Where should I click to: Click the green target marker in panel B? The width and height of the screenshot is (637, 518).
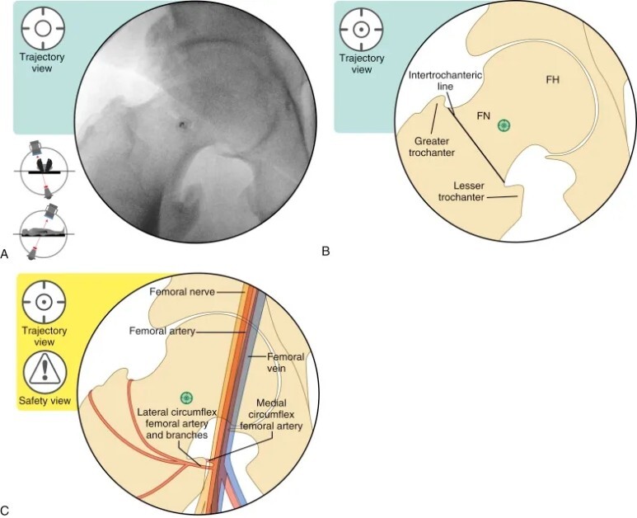point(504,125)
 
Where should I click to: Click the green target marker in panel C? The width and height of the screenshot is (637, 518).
point(187,398)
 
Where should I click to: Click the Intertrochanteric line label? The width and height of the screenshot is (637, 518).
point(446,81)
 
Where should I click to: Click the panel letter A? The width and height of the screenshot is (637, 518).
point(7,256)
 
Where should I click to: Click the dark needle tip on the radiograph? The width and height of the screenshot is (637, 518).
point(181,125)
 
